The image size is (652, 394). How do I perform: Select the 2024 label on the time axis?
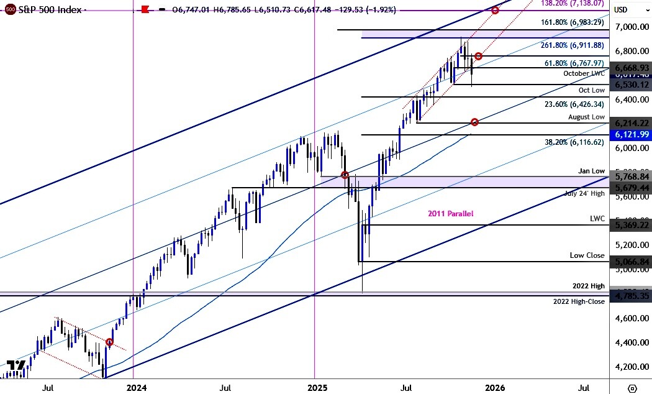point(136,388)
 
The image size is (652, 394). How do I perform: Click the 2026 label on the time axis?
point(495,388)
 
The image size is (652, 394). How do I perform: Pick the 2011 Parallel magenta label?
point(450,214)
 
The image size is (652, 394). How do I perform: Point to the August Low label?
point(586,117)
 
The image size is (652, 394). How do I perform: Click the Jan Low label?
point(591,171)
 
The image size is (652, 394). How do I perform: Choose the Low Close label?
point(587,255)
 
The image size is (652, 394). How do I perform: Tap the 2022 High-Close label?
point(579,301)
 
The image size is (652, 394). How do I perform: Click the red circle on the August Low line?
point(474,122)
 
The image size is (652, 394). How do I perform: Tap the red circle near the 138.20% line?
point(495,10)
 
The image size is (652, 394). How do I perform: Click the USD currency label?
point(620,10)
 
